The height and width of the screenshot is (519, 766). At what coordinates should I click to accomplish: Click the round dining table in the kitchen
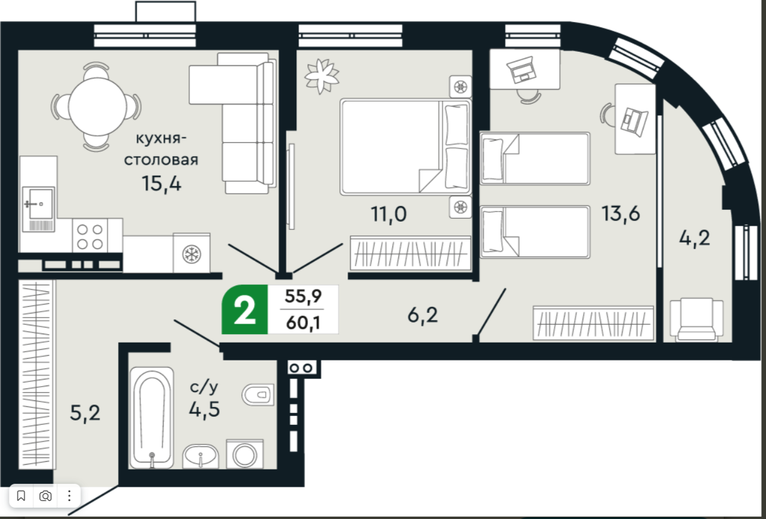(x=97, y=106)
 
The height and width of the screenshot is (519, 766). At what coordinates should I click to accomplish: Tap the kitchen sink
(x=38, y=209)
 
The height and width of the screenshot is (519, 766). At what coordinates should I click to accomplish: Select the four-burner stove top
(x=90, y=236)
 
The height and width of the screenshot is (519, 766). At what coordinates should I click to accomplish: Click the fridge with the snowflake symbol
(x=191, y=253)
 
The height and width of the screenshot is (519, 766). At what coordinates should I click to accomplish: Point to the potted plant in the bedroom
(x=321, y=76)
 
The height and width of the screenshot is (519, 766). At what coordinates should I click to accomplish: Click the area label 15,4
(x=162, y=184)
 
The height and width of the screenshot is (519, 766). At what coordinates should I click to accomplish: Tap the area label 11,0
(x=389, y=215)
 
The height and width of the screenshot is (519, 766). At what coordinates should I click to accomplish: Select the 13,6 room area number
(x=621, y=214)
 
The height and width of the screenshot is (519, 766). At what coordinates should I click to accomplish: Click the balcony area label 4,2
(x=694, y=238)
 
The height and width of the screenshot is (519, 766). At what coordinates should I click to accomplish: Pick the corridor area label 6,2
(x=423, y=315)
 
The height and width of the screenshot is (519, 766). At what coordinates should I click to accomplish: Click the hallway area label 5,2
(x=85, y=413)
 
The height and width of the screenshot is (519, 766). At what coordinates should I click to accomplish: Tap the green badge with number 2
(x=244, y=309)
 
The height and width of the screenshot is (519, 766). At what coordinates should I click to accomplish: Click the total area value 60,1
(x=303, y=323)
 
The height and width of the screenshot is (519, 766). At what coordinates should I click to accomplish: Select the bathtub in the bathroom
(x=151, y=418)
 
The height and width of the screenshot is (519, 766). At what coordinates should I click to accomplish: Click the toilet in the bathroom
(x=258, y=395)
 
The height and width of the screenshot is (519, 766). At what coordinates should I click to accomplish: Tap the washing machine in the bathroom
(x=244, y=455)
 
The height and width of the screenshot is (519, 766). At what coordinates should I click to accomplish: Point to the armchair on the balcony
(x=697, y=319)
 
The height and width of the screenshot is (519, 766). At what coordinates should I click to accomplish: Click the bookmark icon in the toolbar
(x=21, y=495)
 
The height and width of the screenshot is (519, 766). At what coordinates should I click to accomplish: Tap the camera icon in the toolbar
(x=45, y=496)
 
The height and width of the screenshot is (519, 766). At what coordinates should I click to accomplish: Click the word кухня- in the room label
(x=162, y=138)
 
